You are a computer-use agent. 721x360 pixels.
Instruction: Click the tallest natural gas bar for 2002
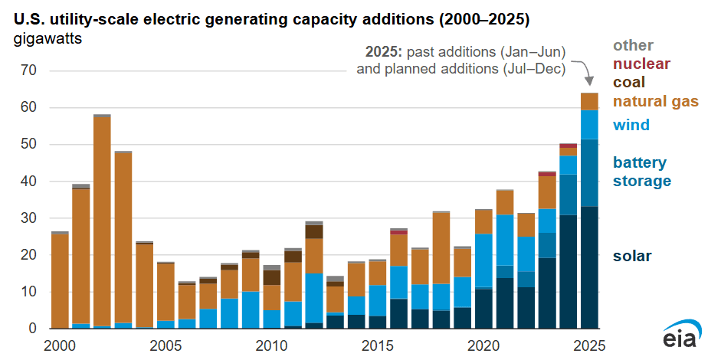102,222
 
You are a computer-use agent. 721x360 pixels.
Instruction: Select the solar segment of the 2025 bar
589,268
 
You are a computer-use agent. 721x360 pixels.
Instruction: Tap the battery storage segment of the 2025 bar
589,172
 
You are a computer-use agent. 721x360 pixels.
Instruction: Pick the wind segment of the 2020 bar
483,260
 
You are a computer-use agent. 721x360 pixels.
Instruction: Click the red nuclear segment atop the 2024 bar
568,146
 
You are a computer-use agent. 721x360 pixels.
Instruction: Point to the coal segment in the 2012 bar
313,231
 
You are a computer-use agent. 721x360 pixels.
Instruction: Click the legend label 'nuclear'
642,64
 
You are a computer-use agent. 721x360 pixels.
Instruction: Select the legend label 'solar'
632,256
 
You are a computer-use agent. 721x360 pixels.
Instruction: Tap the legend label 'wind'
631,125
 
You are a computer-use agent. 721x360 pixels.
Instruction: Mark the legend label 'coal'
629,82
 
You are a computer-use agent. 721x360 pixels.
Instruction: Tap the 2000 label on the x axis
60,345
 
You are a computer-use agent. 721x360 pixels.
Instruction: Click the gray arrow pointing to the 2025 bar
585,73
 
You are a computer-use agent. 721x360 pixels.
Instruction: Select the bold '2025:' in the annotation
382,52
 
